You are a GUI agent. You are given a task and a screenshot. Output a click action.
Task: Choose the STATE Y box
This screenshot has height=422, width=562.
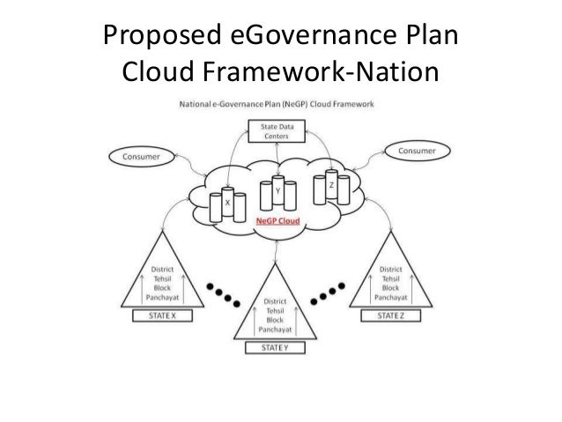(x=279, y=347)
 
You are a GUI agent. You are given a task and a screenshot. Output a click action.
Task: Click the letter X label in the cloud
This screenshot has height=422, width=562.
(x=228, y=202)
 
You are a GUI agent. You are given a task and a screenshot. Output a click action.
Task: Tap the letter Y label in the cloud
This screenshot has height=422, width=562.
(x=277, y=190)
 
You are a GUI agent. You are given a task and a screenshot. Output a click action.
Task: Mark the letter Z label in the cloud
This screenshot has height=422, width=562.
(x=330, y=186)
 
